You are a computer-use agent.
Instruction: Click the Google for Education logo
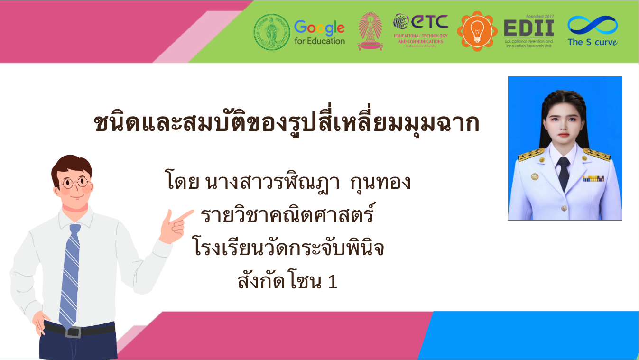[320, 32]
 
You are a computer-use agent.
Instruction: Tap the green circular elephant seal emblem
[271, 32]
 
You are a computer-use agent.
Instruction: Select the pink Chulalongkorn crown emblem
[370, 31]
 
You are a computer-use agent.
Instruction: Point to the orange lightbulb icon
[477, 31]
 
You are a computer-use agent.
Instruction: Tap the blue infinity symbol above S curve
[593, 26]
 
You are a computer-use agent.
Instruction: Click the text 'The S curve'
[593, 42]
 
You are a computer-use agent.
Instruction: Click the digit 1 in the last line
[333, 282]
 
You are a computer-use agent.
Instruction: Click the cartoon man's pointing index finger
[184, 215]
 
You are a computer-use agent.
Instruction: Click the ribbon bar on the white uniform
[593, 179]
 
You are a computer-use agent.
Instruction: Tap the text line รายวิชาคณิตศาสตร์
[287, 214]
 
